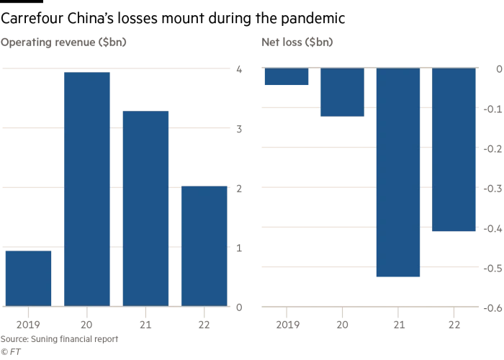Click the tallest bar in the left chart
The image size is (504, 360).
tap(87, 187)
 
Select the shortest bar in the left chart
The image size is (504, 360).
tap(27, 277)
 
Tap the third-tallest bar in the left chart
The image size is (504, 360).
tap(204, 245)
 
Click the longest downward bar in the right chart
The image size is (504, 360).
tap(397, 173)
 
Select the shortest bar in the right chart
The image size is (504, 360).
tap(286, 76)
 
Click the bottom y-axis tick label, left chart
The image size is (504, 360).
tap(239, 305)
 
